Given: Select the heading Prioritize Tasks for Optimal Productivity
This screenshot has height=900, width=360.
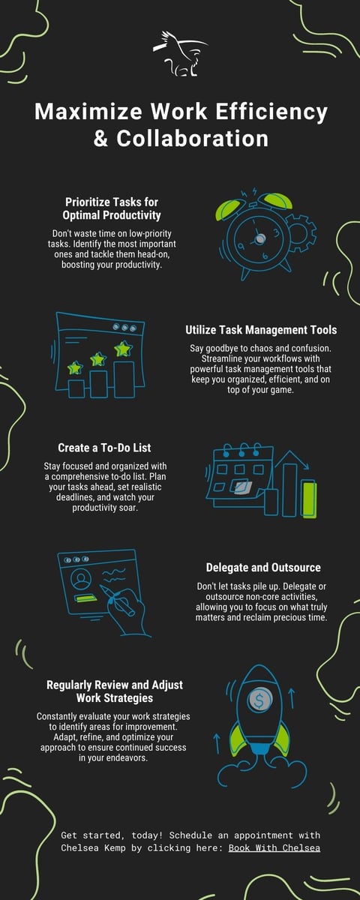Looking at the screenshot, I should (112, 208).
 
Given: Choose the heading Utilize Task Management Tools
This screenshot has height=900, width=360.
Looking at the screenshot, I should (261, 329).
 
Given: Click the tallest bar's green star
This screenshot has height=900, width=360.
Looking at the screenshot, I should (122, 348).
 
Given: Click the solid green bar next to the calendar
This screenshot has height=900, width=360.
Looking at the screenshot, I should (309, 499).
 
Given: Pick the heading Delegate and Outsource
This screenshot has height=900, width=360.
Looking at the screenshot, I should (262, 568).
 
